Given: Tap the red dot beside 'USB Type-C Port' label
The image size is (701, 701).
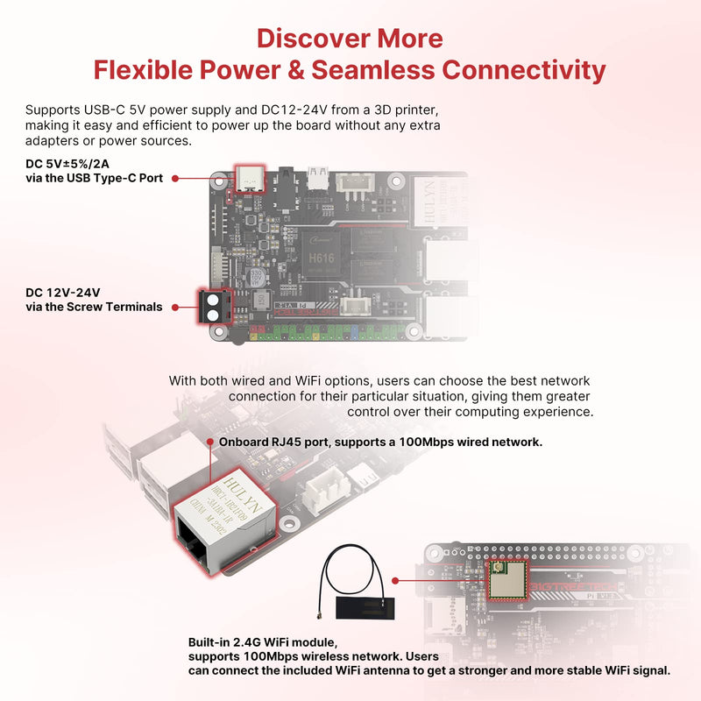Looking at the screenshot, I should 175,178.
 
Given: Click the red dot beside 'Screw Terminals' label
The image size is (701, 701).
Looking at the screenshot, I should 175,308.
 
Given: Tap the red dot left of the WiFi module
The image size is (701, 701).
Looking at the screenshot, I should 397,580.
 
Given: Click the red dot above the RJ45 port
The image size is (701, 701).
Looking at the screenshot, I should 210,443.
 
